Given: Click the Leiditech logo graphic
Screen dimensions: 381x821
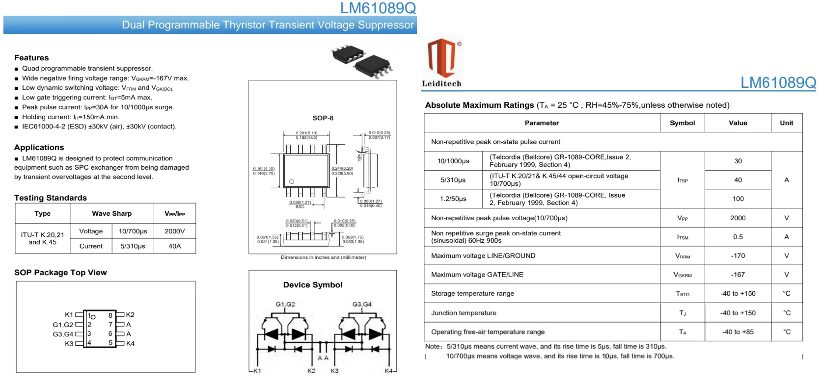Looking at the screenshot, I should (x=442, y=58).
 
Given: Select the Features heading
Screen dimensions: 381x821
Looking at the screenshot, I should (x=31, y=58).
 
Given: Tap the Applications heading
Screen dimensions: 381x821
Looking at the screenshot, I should (x=39, y=148).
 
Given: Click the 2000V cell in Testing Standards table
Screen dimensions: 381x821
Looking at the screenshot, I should (x=175, y=231).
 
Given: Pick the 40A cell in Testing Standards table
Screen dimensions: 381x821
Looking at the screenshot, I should (x=175, y=246).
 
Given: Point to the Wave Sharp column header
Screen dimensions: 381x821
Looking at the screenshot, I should (x=111, y=213).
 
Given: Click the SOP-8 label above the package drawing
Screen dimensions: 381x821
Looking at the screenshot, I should (x=323, y=118).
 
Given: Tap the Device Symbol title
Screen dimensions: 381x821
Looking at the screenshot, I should (x=313, y=285).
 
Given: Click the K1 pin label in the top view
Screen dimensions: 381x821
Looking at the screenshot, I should (x=69, y=315).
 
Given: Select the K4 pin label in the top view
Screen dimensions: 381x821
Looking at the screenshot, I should (x=130, y=343).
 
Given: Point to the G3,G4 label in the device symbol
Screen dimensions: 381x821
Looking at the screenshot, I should (x=362, y=305).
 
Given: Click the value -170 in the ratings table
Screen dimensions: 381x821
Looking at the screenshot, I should (x=738, y=255).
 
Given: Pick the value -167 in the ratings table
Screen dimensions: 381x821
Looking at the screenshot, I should (x=738, y=275).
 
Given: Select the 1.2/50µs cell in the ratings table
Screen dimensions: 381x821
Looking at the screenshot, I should (x=453, y=199).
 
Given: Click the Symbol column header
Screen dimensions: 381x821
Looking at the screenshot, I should (x=682, y=123).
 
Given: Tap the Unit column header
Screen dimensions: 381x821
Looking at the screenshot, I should (x=786, y=123).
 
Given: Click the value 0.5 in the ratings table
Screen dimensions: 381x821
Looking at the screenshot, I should (x=738, y=237).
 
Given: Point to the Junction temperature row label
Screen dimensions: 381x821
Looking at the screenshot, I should (x=464, y=313).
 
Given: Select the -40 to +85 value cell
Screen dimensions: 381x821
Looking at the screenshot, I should (x=738, y=332).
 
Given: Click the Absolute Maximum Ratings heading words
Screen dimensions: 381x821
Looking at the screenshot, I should (x=479, y=105).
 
